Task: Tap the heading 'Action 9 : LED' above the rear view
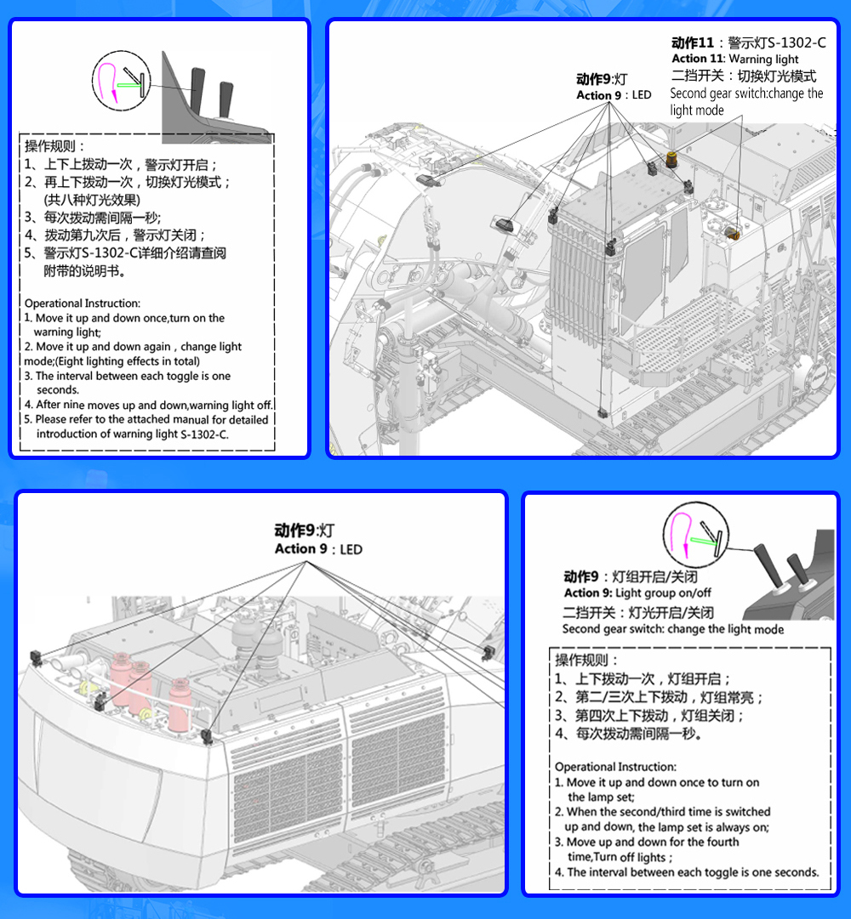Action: (318, 549)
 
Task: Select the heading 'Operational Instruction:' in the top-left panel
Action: (83, 303)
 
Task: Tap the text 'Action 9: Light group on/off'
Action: (637, 593)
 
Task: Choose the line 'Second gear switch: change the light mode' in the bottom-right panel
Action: (672, 629)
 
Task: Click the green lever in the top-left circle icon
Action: (129, 84)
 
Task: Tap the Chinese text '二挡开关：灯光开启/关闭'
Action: (637, 612)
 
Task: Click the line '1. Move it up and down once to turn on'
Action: (657, 782)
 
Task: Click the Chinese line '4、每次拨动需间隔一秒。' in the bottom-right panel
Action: (629, 733)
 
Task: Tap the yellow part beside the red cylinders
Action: (86, 682)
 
